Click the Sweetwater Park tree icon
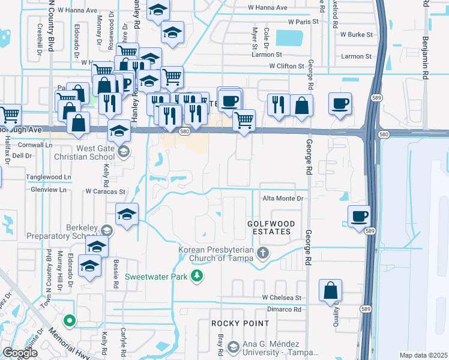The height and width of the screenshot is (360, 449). click(x=196, y=276)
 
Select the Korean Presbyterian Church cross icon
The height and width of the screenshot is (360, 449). click(x=262, y=253)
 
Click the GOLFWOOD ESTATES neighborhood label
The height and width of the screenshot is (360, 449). click(x=271, y=227)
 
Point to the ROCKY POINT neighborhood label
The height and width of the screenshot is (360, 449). click(x=232, y=323)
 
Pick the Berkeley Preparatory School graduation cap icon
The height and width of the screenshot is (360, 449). click(x=106, y=230)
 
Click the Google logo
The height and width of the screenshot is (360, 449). click(x=20, y=353)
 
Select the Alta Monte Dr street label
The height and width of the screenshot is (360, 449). click(x=285, y=198)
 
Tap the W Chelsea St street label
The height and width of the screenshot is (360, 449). click(x=281, y=298)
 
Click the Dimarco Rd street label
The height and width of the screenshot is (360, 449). click(x=285, y=310)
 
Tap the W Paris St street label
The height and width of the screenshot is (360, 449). click(x=303, y=22)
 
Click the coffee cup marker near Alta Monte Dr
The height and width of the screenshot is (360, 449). click(x=360, y=215)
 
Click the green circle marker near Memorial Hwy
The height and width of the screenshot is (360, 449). click(x=70, y=320)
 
